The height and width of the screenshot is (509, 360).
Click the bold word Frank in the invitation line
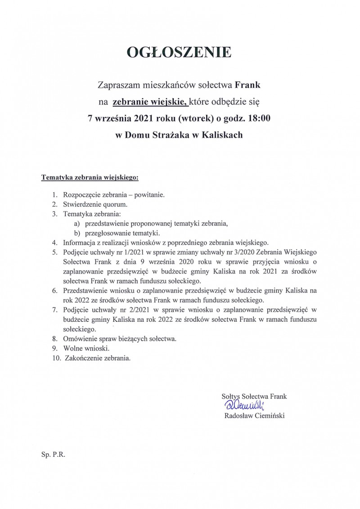point(248,84)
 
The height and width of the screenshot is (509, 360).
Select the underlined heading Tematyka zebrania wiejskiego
point(90,178)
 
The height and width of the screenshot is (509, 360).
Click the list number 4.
point(54,243)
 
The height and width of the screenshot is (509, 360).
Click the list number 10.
point(56,358)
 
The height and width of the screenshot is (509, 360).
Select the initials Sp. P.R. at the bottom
point(54,455)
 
